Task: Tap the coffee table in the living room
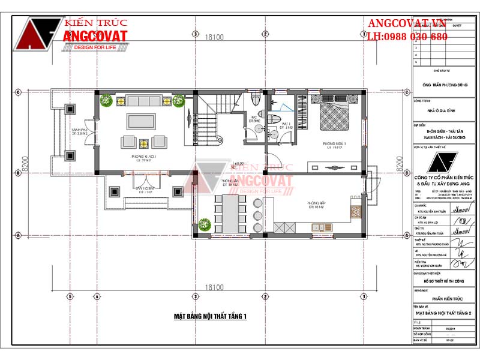tap(139, 121)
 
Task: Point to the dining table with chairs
tap(230, 212)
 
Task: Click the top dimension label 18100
tap(214, 37)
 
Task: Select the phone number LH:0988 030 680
tap(407, 37)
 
